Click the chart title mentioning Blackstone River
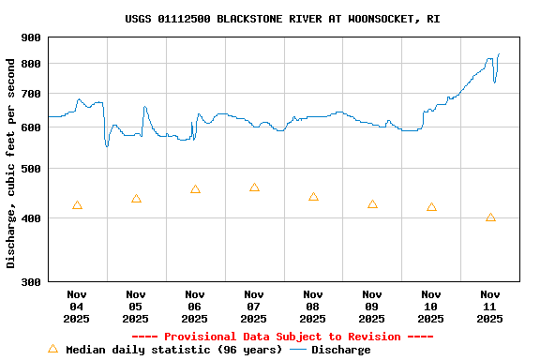click(282, 19)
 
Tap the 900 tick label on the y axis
click(31, 37)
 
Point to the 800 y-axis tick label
click(31, 64)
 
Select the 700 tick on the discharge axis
click(31, 94)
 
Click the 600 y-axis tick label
click(31, 127)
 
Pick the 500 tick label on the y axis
click(31, 169)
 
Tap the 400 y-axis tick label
click(31, 218)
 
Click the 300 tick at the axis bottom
click(31, 281)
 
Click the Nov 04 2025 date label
click(77, 307)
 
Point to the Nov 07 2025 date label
click(254, 307)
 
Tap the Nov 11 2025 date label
click(490, 307)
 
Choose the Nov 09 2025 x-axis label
click(372, 307)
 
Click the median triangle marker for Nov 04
click(77, 205)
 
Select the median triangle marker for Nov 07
click(254, 187)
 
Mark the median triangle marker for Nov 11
click(490, 217)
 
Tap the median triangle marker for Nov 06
click(195, 189)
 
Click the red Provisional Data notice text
click(282, 337)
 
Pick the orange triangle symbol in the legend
click(52, 350)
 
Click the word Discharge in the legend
click(340, 350)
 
